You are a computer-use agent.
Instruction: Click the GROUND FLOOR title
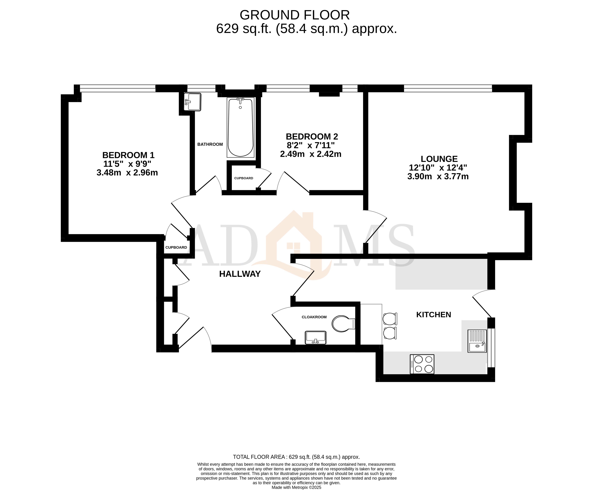coord(295,15)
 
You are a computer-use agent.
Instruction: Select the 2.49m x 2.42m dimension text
coord(311,154)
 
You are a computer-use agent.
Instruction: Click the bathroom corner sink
coord(193,102)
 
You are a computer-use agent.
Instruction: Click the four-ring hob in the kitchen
coord(422,364)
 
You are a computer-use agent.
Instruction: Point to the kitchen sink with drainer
coord(477,341)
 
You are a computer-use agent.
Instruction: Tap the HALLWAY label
coord(240,274)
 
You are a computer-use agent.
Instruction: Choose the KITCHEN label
coord(433,315)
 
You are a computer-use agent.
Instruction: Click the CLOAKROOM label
coord(314,317)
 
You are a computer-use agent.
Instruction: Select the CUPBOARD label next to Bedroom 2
coord(244,178)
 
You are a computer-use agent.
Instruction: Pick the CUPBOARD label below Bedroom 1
coord(176,247)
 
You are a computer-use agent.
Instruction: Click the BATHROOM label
coord(210,144)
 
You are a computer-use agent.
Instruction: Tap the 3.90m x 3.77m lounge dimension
coord(438,177)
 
